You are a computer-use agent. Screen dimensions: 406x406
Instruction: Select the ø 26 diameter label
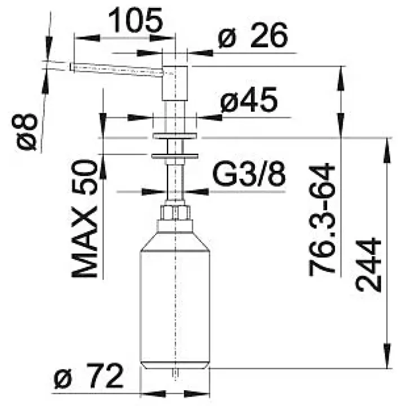[x=253, y=35]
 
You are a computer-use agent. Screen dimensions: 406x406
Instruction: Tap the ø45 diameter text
[x=249, y=100]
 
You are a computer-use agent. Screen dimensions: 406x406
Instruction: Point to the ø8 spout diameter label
[x=25, y=131]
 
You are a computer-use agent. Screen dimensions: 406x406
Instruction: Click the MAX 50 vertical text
[x=85, y=218]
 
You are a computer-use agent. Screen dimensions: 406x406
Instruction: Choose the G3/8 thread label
[x=249, y=174]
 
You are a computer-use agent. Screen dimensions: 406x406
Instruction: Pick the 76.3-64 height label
[x=322, y=219]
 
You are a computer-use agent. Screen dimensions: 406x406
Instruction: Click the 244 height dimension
[x=369, y=264]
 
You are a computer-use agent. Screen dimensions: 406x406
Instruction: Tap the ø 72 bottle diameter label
[x=89, y=376]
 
